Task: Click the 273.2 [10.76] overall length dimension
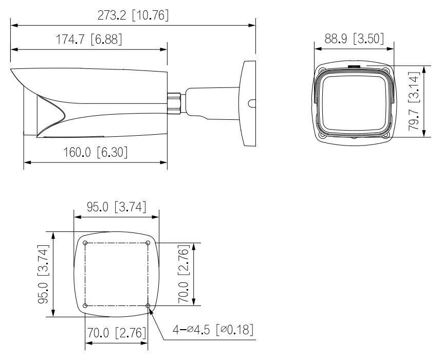click(x=133, y=15)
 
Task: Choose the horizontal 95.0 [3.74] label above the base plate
click(x=116, y=207)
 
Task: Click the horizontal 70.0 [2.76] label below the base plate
click(x=117, y=333)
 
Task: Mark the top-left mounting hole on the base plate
click(x=85, y=243)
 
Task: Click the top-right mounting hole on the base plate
click(x=148, y=243)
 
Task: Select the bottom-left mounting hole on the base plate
click(x=85, y=306)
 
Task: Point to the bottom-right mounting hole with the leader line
click(x=148, y=306)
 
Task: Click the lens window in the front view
click(x=353, y=100)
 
